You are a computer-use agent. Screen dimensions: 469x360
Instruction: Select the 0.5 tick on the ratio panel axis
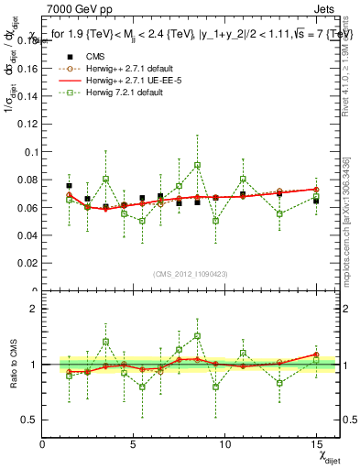tap(31, 420)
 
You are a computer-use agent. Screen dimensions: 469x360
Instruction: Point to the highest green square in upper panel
tap(197, 166)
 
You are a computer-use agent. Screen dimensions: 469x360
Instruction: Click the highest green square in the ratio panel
tap(197, 336)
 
